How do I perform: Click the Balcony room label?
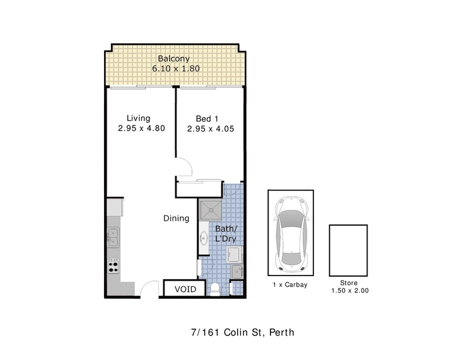pos(173,59)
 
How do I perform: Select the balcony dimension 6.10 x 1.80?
pos(176,68)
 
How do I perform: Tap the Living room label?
pos(139,119)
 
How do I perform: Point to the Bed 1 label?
pos(207,119)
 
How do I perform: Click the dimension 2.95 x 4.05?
pos(211,129)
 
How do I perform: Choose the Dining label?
pos(176,218)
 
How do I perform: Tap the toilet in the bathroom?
pos(215,289)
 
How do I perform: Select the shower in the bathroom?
pos(211,210)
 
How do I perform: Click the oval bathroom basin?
pos(204,238)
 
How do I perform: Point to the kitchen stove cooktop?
pos(113,266)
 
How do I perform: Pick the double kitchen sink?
pos(113,237)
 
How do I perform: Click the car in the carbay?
pos(291,233)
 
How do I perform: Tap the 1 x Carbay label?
pos(290,285)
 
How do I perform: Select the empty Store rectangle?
pos(349,250)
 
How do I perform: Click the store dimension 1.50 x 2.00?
pos(350,291)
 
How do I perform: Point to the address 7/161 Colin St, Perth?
pos(243,332)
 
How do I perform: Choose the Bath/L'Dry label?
pos(226,233)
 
